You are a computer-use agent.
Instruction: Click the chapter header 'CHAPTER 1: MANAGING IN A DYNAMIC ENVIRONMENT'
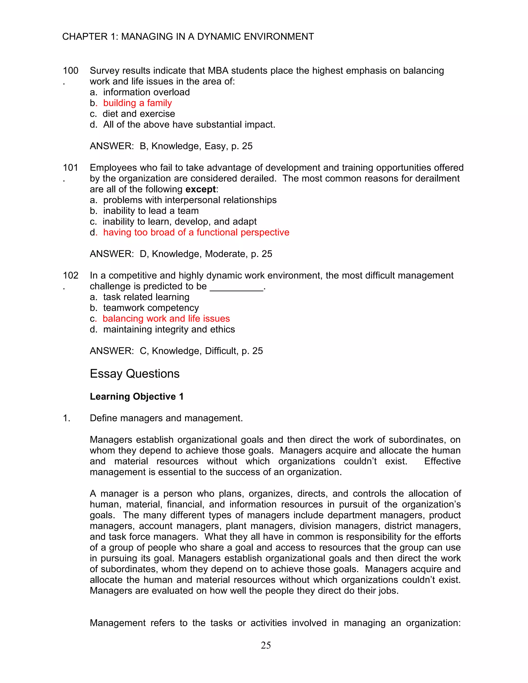pos(188,37)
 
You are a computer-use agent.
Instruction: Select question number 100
pos(70,71)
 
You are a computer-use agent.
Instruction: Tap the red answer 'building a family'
pos(137,103)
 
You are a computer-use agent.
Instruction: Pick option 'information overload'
pos(146,92)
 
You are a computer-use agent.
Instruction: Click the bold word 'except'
pos(201,189)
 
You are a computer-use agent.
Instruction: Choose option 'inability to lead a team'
pos(151,211)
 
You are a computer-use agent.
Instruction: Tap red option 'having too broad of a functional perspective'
pos(196,232)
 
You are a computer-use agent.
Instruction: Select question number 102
pos(70,276)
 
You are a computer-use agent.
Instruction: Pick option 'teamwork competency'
pos(151,308)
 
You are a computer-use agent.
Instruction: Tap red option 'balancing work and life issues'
pos(166,319)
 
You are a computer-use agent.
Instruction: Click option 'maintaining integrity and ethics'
pos(169,330)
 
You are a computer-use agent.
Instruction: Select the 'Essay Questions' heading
pos(135,374)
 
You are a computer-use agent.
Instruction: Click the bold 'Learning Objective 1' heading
pos(137,397)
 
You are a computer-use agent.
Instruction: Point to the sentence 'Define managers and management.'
pos(166,418)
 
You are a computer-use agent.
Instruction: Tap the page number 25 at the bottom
pos(266,645)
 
